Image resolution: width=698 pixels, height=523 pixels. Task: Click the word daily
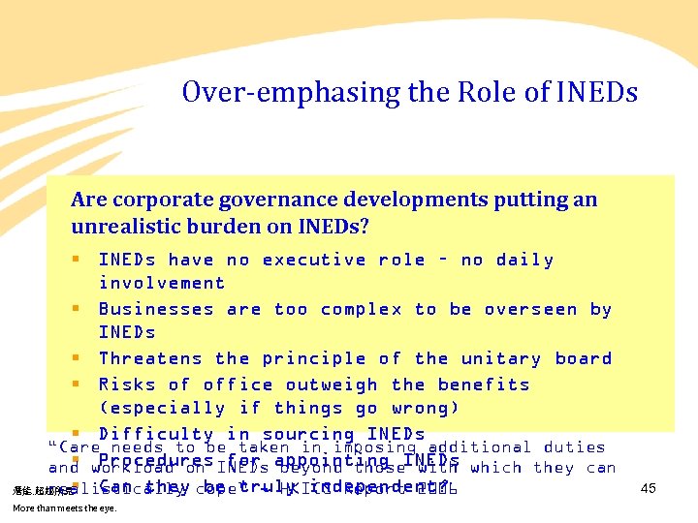[x=524, y=260]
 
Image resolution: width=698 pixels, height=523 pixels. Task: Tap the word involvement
[x=162, y=283]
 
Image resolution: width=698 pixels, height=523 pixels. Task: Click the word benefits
[x=483, y=385]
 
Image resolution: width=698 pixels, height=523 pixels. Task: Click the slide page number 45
[x=649, y=489]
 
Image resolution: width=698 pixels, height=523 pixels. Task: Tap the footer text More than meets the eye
[x=63, y=508]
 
